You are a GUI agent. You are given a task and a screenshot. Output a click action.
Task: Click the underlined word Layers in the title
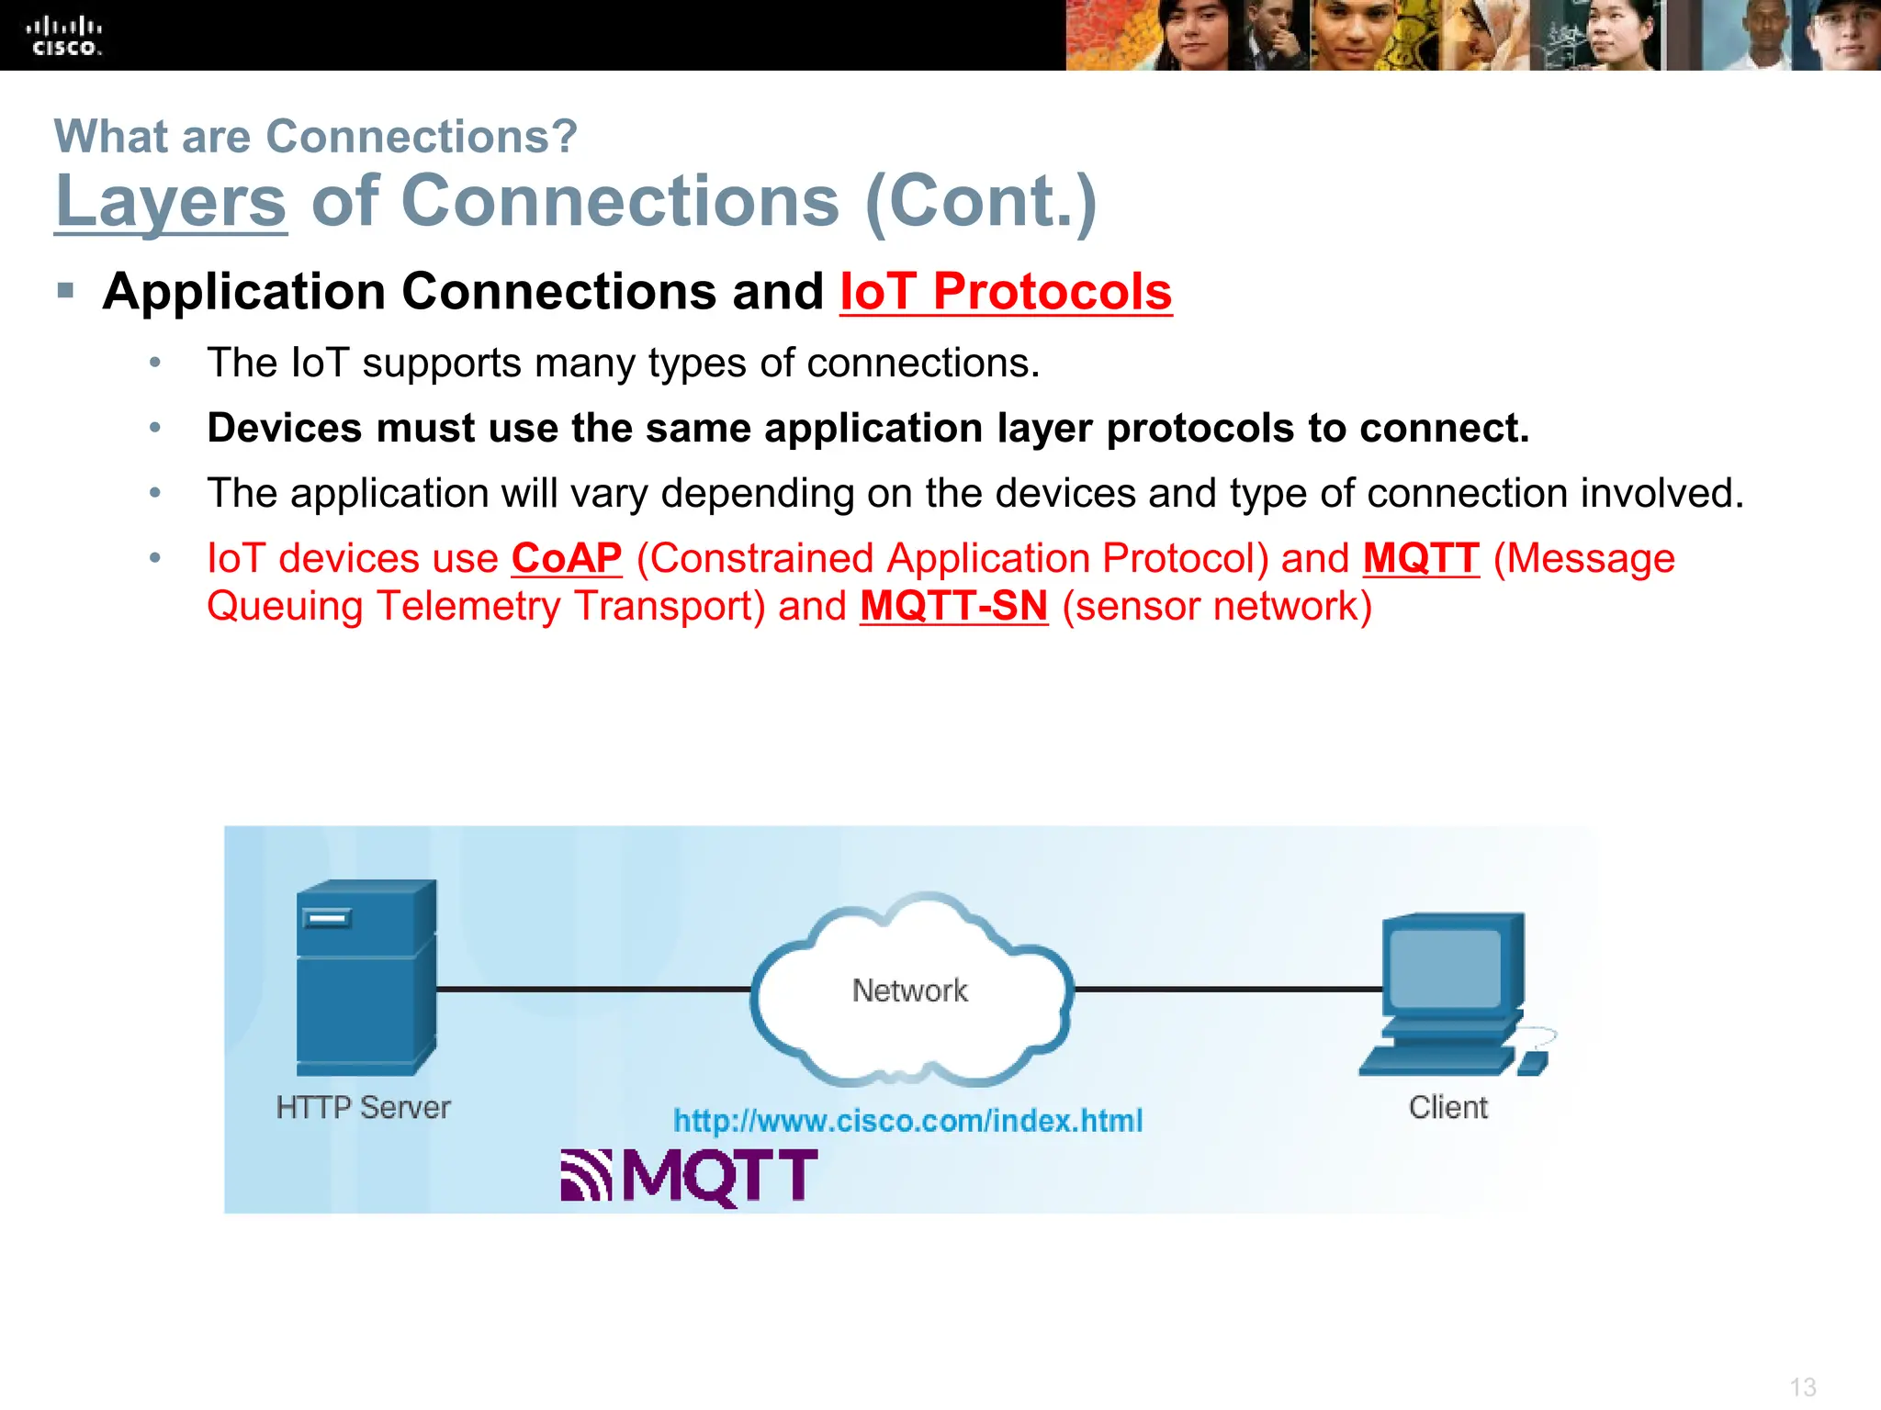[171, 201]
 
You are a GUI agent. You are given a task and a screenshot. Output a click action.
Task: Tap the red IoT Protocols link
[1006, 292]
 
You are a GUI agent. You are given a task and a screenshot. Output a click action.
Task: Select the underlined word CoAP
[567, 558]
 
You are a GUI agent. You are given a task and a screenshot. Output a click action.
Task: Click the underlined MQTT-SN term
[953, 606]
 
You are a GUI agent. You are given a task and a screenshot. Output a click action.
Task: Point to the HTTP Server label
[364, 1107]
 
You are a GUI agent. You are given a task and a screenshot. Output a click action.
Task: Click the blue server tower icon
[366, 977]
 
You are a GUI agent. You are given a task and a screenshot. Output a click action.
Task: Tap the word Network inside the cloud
[909, 990]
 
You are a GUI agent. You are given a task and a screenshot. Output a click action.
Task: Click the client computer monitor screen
[1445, 968]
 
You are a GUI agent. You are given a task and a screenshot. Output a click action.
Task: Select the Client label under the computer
[1448, 1107]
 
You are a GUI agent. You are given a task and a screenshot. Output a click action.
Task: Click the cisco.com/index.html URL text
[907, 1121]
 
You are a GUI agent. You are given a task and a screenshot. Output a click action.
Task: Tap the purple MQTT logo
[690, 1176]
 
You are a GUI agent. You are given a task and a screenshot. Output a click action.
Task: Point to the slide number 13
[1802, 1386]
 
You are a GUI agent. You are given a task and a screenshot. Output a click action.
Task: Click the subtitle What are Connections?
[316, 137]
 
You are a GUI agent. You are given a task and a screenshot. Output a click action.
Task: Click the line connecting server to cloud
[592, 989]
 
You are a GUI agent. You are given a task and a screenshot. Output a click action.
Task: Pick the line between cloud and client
[1228, 989]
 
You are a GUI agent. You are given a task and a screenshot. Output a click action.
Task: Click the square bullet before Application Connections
[65, 291]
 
